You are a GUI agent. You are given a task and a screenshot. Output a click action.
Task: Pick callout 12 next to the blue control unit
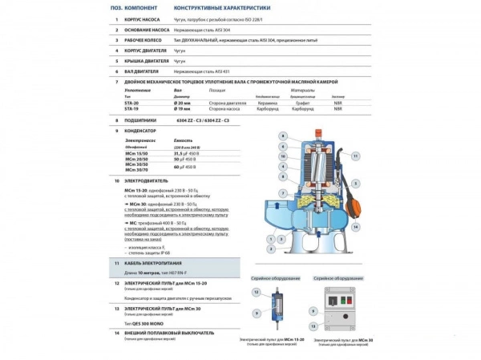(257, 293)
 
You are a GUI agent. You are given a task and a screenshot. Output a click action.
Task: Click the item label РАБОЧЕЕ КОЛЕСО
(142, 39)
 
